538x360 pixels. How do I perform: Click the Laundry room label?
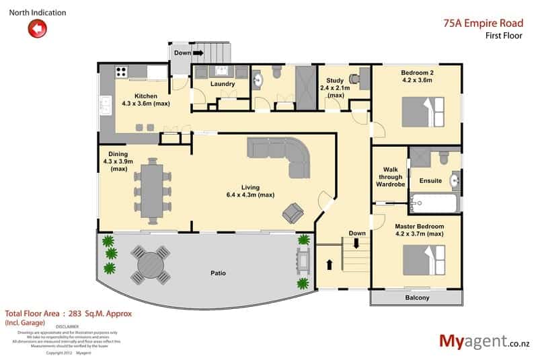tap(222, 84)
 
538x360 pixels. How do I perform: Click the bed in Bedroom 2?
tap(423, 112)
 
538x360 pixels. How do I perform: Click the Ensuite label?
tap(430, 180)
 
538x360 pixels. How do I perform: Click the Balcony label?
tap(417, 297)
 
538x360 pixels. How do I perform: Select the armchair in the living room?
tap(293, 212)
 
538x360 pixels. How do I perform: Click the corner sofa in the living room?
tap(282, 154)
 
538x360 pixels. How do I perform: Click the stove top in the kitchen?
tap(122, 70)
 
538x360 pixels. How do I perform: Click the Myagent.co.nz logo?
tap(484, 340)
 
